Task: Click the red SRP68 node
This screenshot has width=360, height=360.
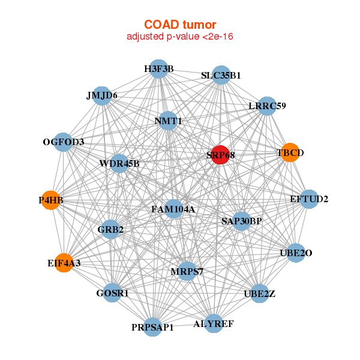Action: click(220, 155)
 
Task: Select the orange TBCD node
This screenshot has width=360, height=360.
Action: click(290, 152)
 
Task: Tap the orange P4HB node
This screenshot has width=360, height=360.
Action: click(51, 200)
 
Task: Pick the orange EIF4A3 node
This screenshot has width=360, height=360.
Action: click(64, 263)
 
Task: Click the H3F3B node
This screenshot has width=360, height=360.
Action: click(158, 69)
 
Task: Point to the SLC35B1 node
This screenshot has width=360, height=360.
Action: click(221, 75)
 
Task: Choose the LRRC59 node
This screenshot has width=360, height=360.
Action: click(267, 106)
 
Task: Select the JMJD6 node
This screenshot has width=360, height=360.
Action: click(102, 96)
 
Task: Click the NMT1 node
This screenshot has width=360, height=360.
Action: click(168, 121)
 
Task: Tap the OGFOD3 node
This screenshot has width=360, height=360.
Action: click(63, 142)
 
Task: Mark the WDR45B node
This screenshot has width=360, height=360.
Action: click(119, 164)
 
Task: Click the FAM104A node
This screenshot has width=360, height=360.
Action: click(173, 209)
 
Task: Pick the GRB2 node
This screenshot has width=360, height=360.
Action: click(110, 229)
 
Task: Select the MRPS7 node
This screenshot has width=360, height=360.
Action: click(187, 271)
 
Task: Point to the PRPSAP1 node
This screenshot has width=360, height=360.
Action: click(152, 327)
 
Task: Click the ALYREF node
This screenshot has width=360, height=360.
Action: click(214, 323)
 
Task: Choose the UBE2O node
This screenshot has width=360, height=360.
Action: click(296, 253)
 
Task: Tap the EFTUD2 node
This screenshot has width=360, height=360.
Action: click(309, 199)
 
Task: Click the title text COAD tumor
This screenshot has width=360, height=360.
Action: click(180, 25)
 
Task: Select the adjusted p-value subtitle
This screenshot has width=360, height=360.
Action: click(180, 36)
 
